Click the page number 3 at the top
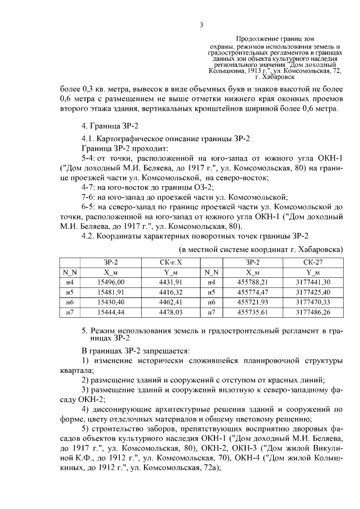pos(201,24)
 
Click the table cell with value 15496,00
pos(110,282)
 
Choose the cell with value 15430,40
pos(110,302)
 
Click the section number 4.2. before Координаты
pos(89,236)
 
